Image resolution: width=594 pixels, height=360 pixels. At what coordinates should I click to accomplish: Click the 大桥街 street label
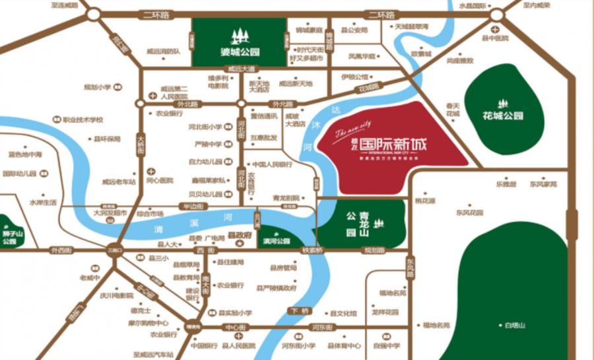141,146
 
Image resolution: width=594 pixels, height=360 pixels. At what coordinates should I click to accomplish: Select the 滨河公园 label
276,241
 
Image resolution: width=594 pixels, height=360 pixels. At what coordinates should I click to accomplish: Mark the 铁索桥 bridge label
311,251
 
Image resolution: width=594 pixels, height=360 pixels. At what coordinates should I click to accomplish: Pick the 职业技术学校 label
83,120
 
